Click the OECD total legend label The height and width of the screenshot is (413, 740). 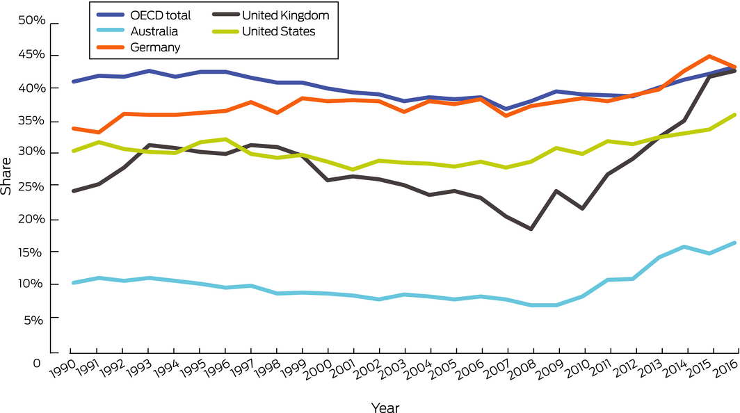coord(161,15)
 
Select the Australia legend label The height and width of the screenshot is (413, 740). coord(154,31)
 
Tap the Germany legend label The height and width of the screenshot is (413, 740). coord(154,47)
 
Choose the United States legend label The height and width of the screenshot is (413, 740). coord(277,31)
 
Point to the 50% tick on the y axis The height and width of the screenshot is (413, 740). coord(31,22)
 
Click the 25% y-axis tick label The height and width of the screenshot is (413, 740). coord(31,186)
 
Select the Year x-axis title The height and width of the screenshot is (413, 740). coord(385,407)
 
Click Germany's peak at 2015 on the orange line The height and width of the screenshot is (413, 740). coord(711,56)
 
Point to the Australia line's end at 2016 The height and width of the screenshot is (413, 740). coord(736,243)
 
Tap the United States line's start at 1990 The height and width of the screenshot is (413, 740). coord(72,151)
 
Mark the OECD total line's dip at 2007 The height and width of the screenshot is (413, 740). coord(506,109)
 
